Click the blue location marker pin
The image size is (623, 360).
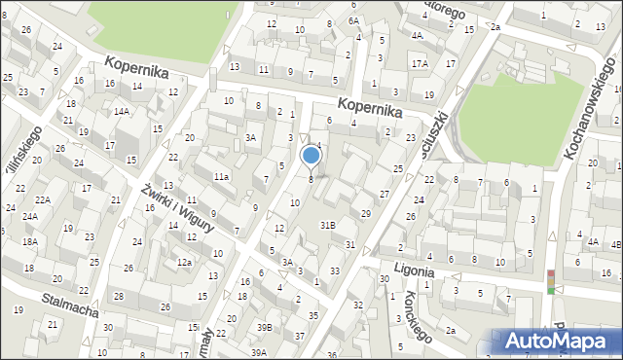tap(311, 155)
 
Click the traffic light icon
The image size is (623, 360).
tap(551, 281)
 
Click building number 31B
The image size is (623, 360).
tap(329, 225)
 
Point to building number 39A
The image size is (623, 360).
tap(258, 352)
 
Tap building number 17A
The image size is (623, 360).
tap(420, 63)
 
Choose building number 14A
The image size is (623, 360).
tap(121, 111)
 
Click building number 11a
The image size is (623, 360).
tap(222, 176)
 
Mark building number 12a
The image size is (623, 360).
tap(184, 263)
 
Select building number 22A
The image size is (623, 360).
tap(44, 199)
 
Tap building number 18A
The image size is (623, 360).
tap(30, 240)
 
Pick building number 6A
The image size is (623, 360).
tap(354, 20)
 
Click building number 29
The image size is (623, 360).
tap(366, 213)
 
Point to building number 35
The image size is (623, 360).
tap(312, 315)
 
